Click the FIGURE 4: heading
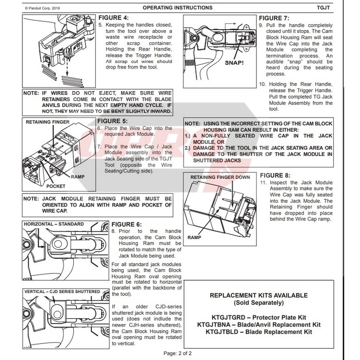pyautogui.click(x=113, y=17)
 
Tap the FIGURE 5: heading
pyautogui.click(x=113, y=121)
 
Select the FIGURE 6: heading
pyautogui.click(x=126, y=224)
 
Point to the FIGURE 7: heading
pyautogui.click(x=274, y=17)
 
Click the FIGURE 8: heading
pyautogui.click(x=275, y=175)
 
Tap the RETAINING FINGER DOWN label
pyautogui.click(x=220, y=178)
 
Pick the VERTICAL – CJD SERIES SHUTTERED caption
pyautogui.click(x=62, y=291)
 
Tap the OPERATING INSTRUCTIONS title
pyautogui.click(x=178, y=8)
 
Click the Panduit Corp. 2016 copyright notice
pyautogui.click(x=44, y=8)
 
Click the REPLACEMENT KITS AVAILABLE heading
pyautogui.click(x=258, y=295)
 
